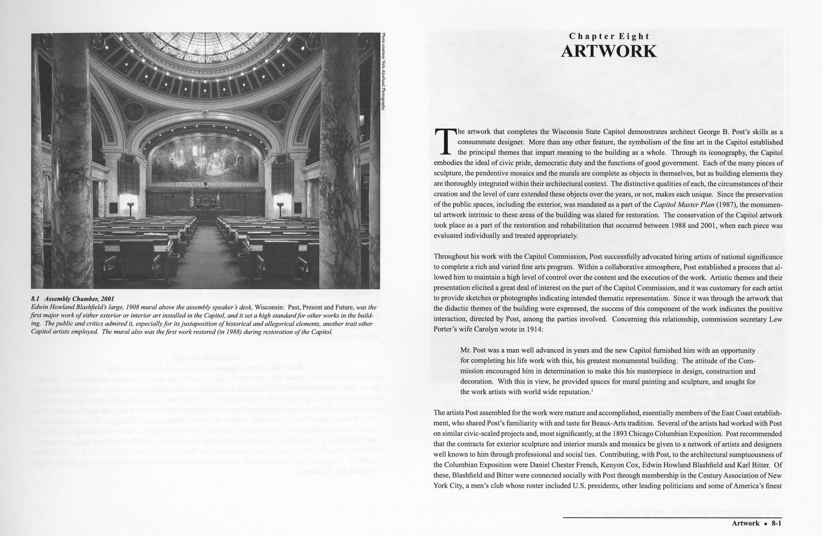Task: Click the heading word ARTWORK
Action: [609, 52]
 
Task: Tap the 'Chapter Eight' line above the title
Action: [609, 36]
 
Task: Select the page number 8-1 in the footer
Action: [776, 523]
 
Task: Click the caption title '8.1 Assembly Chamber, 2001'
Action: [73, 299]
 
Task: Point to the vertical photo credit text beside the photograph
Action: [383, 71]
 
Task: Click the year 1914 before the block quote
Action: [534, 329]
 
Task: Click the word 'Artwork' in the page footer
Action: [746, 523]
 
